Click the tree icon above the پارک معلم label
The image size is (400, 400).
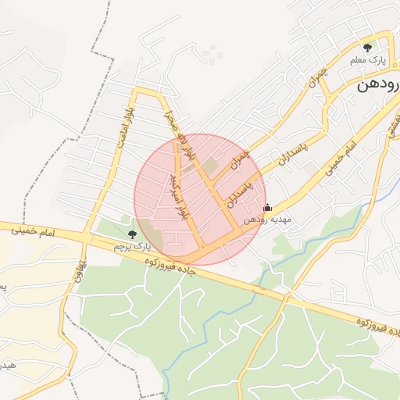click(368, 48)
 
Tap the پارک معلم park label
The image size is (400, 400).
click(367, 61)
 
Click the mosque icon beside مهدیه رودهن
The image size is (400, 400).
click(268, 208)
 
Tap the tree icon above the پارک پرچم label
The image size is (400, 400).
click(131, 234)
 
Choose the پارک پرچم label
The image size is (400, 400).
click(131, 246)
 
